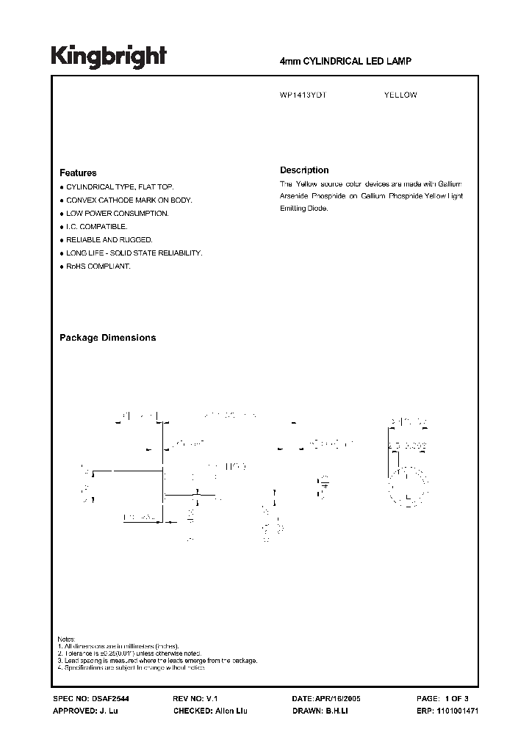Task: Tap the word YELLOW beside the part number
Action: tap(400, 95)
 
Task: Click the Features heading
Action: tap(78, 173)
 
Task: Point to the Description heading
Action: tap(304, 170)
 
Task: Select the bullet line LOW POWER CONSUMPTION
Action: tap(118, 214)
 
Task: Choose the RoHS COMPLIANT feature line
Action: tap(98, 266)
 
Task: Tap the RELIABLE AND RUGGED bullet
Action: tap(109, 240)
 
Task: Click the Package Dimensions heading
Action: tap(107, 338)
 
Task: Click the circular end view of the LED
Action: tap(409, 485)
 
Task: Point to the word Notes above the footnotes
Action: tap(66, 639)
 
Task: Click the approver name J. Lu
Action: tap(108, 711)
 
